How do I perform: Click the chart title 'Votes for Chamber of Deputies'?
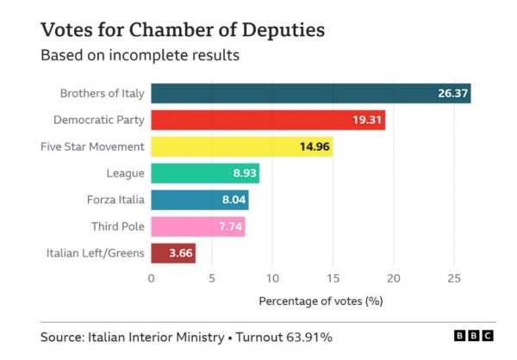[183, 30]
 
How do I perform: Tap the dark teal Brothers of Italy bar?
[310, 93]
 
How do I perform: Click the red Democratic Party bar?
[267, 120]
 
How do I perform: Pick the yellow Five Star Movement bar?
[241, 146]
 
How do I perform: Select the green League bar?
[205, 173]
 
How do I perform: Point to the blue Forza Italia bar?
[199, 200]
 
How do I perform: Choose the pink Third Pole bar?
[197, 227]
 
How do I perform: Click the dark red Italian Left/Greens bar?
[173, 253]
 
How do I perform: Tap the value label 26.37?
[451, 93]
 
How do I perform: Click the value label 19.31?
[366, 120]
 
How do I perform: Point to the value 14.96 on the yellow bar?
[314, 146]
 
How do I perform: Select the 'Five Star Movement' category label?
[92, 146]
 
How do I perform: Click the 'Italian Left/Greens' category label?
[95, 253]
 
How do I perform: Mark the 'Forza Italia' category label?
[115, 200]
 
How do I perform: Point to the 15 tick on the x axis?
[333, 278]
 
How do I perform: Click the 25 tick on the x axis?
[455, 278]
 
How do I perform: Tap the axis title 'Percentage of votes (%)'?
[321, 301]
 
